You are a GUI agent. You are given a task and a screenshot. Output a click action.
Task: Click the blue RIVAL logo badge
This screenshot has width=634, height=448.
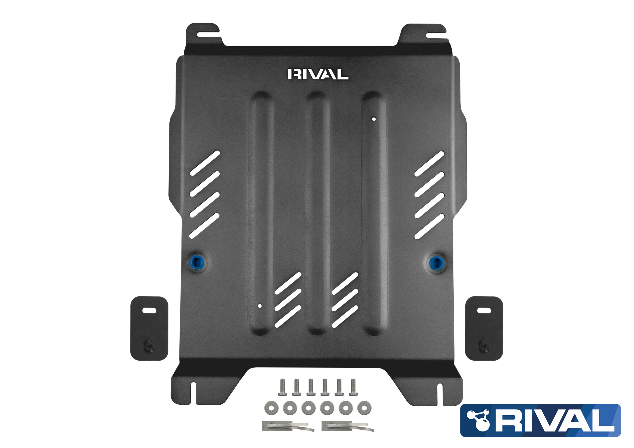coord(540,420)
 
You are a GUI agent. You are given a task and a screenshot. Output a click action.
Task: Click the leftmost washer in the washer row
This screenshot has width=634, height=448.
coord(271,408)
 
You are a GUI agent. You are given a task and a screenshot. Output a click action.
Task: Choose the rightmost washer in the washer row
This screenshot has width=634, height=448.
coord(364,408)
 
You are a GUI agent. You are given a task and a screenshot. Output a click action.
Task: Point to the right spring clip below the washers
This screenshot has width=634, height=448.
coord(348,426)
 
